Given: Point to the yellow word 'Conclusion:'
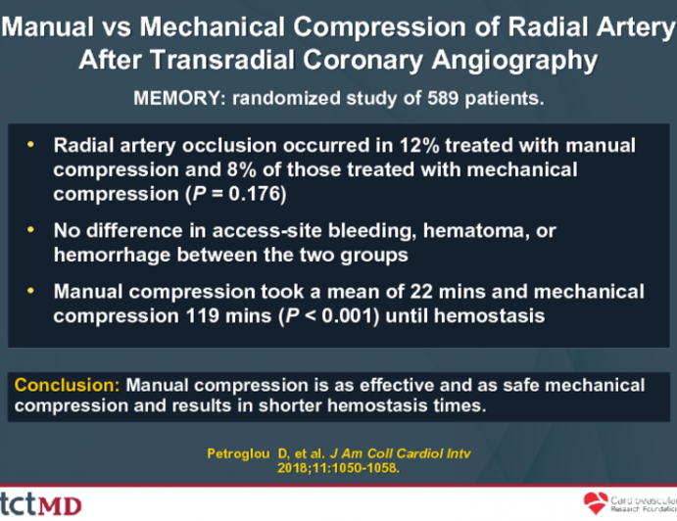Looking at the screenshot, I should coord(66,384).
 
